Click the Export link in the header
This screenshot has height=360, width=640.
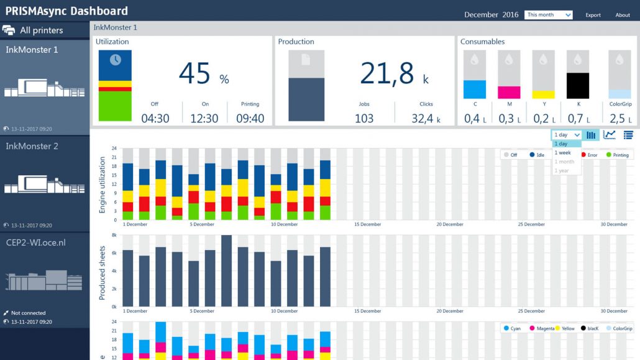593,15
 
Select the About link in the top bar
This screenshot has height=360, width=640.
623,15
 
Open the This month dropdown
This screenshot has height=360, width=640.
549,15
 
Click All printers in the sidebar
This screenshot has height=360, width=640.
41,30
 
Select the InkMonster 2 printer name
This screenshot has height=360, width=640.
32,146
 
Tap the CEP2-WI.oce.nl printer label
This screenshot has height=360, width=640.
35,242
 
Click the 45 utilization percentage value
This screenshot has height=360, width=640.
195,73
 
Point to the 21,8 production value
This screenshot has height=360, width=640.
386,73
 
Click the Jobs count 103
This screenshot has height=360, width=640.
364,118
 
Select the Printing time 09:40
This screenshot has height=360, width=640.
250,118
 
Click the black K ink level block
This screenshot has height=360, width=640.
577,86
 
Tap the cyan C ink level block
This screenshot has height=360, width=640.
475,90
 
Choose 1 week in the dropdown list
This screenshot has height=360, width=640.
562,152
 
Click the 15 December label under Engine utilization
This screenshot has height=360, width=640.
367,224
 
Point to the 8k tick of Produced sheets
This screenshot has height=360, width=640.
114,236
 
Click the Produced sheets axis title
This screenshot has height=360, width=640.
103,273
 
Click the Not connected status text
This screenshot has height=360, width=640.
28,313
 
